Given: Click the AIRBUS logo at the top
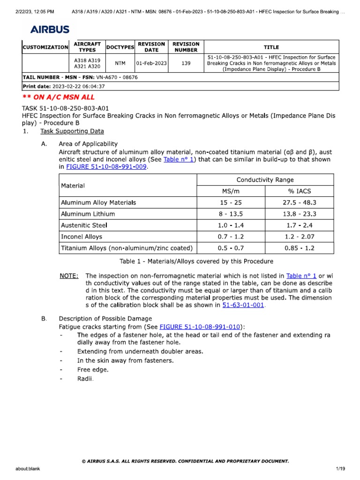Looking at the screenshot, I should point(50,30).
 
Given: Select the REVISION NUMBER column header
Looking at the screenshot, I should point(186,47).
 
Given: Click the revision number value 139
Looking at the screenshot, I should point(186,63).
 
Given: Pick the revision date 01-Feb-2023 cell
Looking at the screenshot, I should point(151,63).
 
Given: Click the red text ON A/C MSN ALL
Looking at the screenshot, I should point(59,97).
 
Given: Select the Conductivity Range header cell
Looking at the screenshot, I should point(265,180).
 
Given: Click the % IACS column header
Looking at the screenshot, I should point(300,191).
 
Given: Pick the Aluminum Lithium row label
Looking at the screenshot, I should point(88,214).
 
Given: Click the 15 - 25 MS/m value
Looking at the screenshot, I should point(231,202).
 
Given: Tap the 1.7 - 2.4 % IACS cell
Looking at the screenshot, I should point(300,225).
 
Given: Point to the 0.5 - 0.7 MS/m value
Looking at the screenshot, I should point(231,248).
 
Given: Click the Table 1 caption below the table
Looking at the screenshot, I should point(196,261).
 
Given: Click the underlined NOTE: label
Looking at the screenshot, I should point(69,276).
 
